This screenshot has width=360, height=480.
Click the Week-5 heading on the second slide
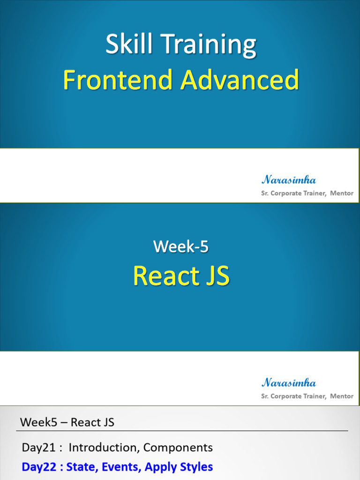pos(180,246)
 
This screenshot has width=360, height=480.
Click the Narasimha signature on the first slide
pos(288,180)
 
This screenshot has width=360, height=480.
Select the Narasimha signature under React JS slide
pos(288,382)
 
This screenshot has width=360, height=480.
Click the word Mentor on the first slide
pos(342,193)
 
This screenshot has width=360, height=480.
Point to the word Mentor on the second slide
pos(342,396)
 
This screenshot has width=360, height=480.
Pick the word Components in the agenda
pos(178,448)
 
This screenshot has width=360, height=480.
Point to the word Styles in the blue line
pos(196,467)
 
